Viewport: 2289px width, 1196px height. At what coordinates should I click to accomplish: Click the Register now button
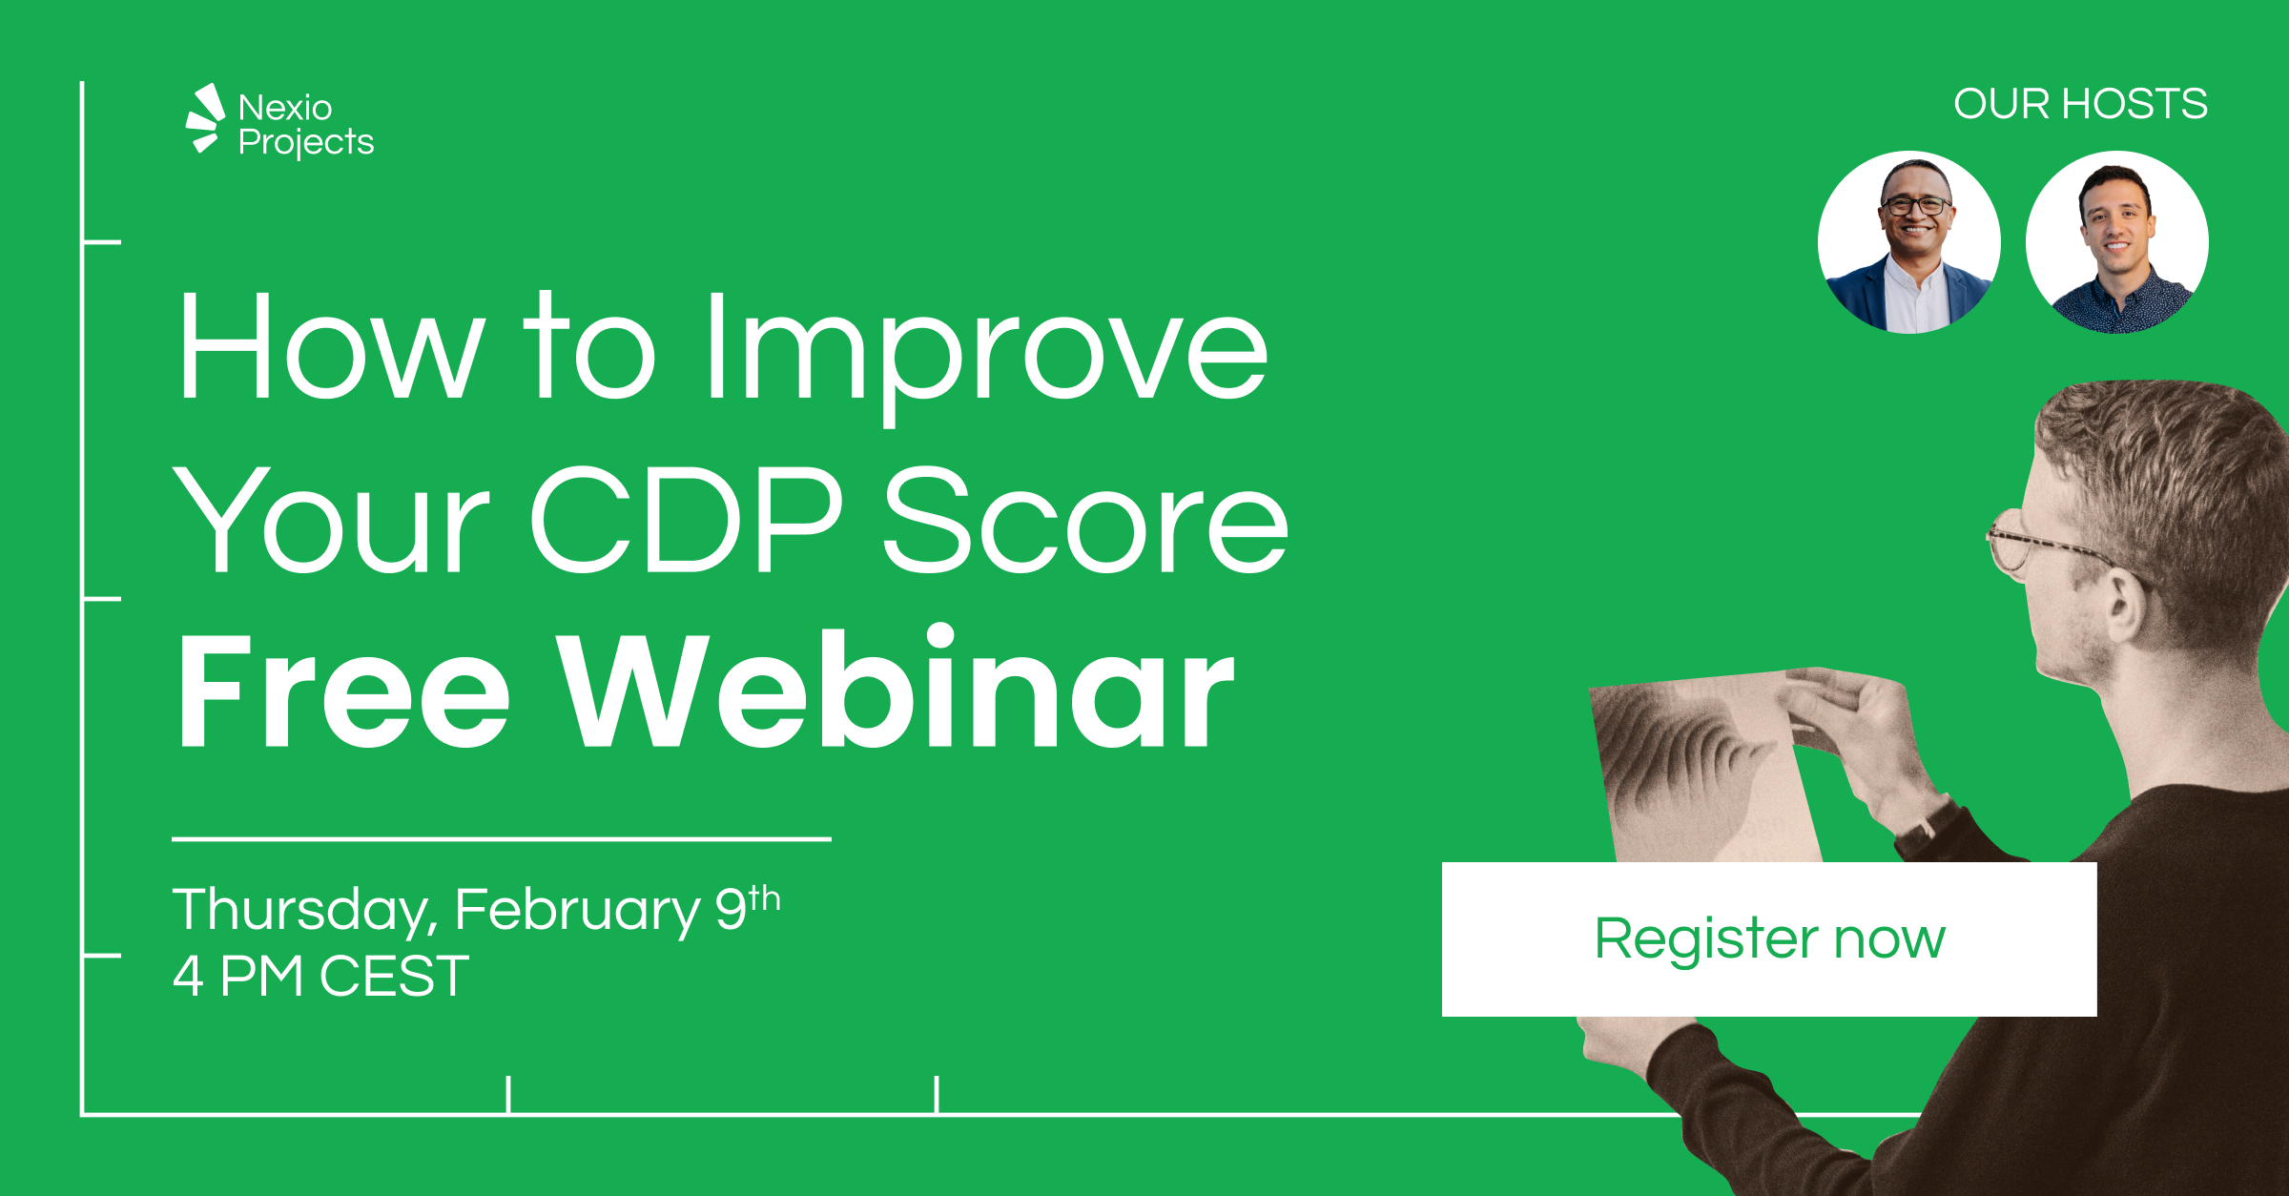pos(1768,939)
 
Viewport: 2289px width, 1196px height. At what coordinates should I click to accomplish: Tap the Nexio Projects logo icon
pos(204,118)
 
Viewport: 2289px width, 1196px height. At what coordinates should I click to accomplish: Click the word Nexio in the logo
pos(284,108)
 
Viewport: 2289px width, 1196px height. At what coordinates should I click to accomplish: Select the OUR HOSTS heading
pos(2079,104)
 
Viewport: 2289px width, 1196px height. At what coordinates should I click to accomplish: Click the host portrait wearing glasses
pos(1909,242)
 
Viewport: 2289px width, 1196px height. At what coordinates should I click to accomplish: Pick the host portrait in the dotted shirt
pos(2116,242)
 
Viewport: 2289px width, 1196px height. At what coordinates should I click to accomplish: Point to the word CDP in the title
pos(686,521)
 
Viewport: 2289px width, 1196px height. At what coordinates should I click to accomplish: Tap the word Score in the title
pos(1084,521)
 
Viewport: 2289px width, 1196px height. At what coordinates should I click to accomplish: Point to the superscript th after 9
pos(764,897)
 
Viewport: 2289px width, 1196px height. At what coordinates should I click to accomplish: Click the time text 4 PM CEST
pos(320,977)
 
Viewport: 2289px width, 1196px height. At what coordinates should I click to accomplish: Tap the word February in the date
pos(577,910)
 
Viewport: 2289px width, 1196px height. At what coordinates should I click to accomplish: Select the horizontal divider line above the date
pos(501,839)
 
